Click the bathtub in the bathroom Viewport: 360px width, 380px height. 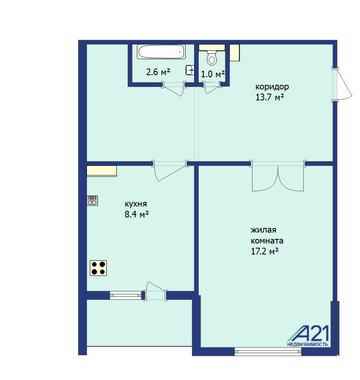(x=161, y=52)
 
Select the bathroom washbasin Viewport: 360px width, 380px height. (x=190, y=70)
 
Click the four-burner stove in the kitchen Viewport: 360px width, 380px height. (x=98, y=268)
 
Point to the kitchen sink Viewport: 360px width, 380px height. (x=92, y=201)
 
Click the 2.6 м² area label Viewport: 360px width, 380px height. (x=158, y=72)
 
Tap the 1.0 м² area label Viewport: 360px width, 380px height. (x=213, y=74)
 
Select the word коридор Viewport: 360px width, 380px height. (x=272, y=87)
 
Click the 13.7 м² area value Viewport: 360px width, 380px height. (x=270, y=98)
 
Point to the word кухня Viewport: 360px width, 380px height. (x=135, y=204)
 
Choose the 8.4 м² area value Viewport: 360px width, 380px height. (x=137, y=214)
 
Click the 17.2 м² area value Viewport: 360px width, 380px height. (x=265, y=251)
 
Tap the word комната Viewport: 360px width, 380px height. (x=267, y=241)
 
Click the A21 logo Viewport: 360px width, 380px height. (x=308, y=336)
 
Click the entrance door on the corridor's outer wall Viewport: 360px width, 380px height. (x=341, y=84)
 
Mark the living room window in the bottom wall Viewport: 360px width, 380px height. (x=268, y=351)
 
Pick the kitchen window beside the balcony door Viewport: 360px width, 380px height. (x=125, y=295)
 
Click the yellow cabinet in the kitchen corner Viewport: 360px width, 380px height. (x=102, y=171)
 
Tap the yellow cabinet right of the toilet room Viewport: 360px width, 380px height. (x=235, y=53)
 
